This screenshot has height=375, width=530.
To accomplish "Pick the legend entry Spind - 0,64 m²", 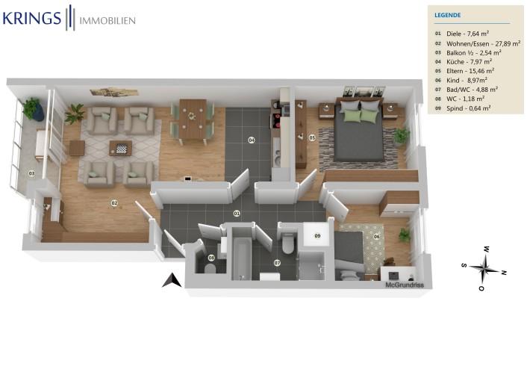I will (x=468, y=108).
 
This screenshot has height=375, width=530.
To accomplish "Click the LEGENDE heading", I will (x=447, y=15).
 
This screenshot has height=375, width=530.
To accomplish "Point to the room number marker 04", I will (x=252, y=140).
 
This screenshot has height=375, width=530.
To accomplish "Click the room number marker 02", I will (x=114, y=202).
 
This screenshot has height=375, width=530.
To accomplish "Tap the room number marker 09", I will (x=317, y=235).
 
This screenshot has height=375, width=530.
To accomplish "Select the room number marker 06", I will (x=376, y=237).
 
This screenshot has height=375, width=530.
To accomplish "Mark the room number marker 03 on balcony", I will (x=32, y=173).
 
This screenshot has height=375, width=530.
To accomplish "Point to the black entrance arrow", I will (x=172, y=280).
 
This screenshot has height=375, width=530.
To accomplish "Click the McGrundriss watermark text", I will (x=404, y=285).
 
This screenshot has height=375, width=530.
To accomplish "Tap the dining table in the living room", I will (x=193, y=119).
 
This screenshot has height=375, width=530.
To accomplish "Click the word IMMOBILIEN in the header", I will (x=107, y=21).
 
